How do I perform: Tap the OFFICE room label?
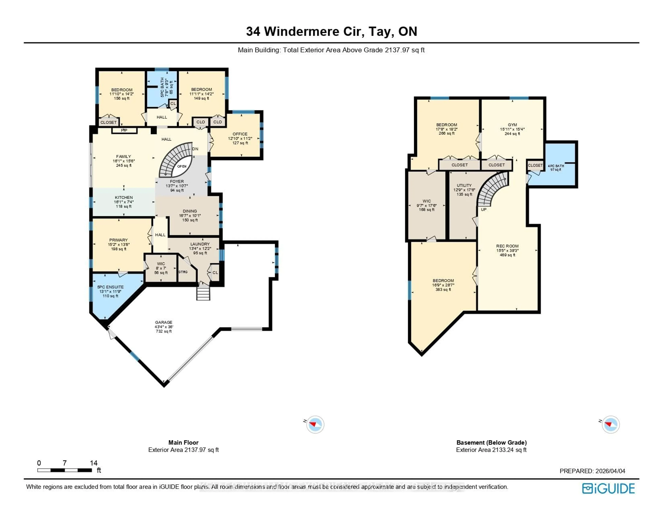pyautogui.click(x=240, y=134)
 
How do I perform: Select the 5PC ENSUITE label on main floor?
pyautogui.click(x=110, y=287)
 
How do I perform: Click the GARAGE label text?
pyautogui.click(x=164, y=322)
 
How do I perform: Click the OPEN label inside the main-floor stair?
pyautogui.click(x=182, y=166)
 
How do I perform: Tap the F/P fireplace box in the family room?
pyautogui.click(x=124, y=130)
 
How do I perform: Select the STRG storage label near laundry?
pyautogui.click(x=183, y=272)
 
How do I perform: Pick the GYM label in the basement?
pyautogui.click(x=512, y=125)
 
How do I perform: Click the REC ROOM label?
pyautogui.click(x=507, y=246)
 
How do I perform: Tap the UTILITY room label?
pyautogui.click(x=464, y=186)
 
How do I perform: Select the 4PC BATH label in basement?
pyautogui.click(x=556, y=166)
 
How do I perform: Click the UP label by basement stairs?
pyautogui.click(x=484, y=209)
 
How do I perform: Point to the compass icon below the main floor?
pyautogui.click(x=315, y=424)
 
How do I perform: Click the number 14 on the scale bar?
pyautogui.click(x=94, y=463)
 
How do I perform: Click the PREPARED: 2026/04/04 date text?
pyautogui.click(x=592, y=471)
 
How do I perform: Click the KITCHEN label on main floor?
pyautogui.click(x=124, y=198)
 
